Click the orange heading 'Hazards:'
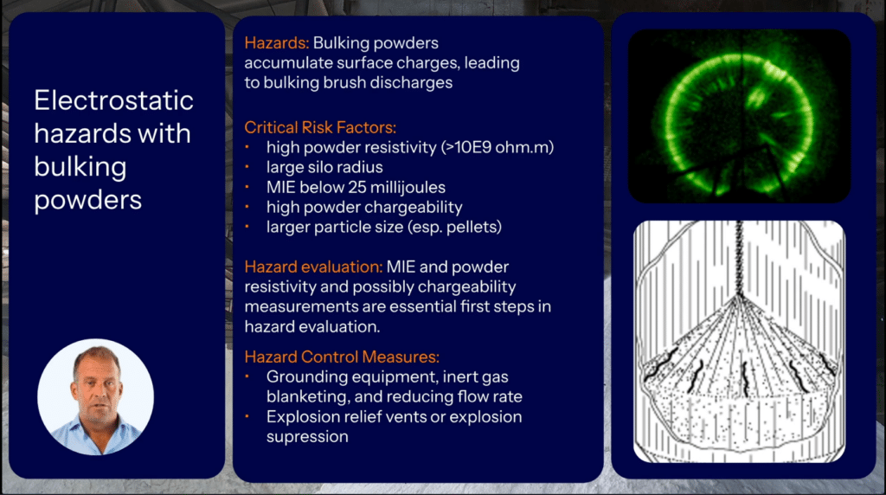point(277,43)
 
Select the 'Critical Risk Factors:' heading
point(320,127)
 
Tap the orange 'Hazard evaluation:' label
point(313,267)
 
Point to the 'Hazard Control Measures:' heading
point(342,357)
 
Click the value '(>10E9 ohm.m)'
point(497,147)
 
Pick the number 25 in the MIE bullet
point(357,187)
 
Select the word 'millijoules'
point(408,187)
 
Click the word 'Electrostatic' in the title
point(113,100)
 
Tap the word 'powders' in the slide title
point(87,200)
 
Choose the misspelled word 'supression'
point(307,437)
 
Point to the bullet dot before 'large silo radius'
point(247,167)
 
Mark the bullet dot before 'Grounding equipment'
point(247,376)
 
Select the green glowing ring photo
point(740,116)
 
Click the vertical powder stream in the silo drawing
point(739,258)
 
